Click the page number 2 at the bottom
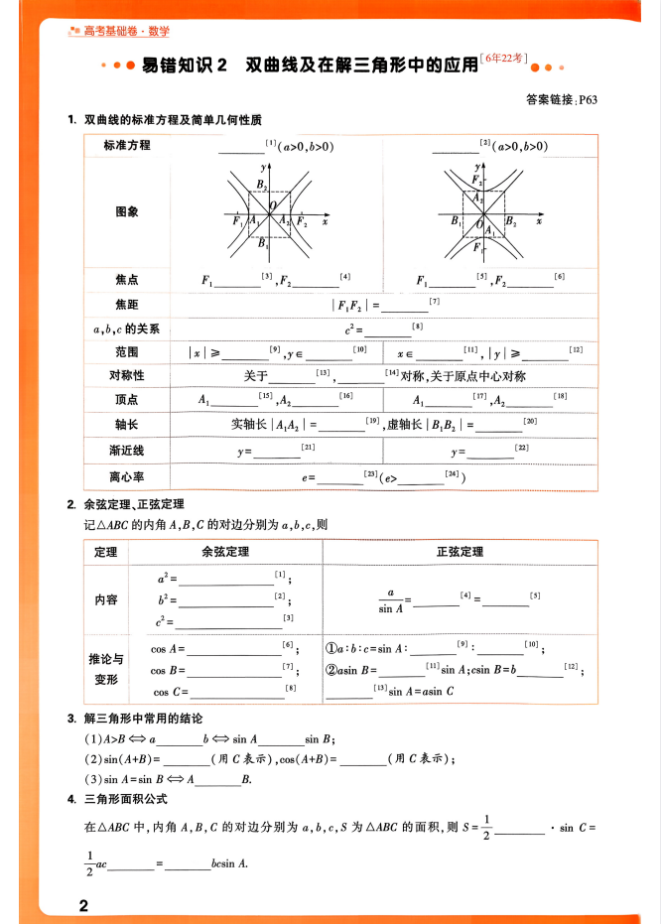[x=84, y=905]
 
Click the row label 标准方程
[x=127, y=146]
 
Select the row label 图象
[x=127, y=211]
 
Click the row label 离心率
[x=127, y=477]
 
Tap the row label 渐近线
[x=127, y=451]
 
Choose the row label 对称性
[x=127, y=376]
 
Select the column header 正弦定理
[x=460, y=552]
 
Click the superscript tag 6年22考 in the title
[x=504, y=59]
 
